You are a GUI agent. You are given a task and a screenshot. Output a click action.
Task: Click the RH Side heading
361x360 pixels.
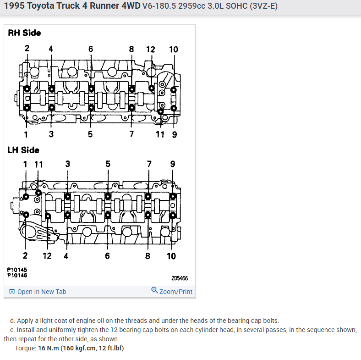point(24,33)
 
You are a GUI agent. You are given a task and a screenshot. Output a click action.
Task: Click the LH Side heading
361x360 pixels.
point(23,150)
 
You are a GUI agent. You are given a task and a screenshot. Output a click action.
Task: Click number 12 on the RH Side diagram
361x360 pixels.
point(150,50)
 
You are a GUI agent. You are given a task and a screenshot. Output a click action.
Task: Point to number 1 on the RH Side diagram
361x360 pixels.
point(26,134)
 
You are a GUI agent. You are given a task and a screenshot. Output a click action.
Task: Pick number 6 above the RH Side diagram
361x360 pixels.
point(91,49)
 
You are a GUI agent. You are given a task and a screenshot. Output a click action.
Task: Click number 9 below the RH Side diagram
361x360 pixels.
point(174,134)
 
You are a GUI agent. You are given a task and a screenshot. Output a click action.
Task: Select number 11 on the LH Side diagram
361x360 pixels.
point(38,164)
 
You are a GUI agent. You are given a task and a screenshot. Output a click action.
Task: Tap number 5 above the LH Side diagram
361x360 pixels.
point(108,164)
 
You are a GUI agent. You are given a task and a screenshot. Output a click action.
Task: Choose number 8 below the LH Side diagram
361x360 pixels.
point(148,256)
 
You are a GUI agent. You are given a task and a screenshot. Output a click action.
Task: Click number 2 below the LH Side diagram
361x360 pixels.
point(25,256)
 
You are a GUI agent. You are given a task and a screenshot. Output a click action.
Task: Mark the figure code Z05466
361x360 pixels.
point(179,278)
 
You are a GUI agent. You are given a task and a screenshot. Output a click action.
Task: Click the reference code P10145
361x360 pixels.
point(17,270)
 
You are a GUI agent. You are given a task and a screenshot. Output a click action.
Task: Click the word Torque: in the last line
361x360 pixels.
point(26,348)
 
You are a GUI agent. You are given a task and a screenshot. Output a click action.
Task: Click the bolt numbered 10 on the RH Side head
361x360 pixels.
point(173,89)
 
